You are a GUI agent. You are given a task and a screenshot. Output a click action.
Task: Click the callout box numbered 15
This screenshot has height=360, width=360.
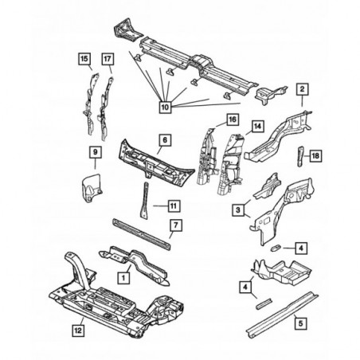click(x=84, y=59)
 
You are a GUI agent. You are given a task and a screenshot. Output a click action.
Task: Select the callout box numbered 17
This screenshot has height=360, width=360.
click(x=108, y=59)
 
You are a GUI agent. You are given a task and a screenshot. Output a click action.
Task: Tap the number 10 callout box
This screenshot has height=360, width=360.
click(x=165, y=107)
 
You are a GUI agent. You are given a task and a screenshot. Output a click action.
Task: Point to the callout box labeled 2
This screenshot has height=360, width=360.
click(x=302, y=89)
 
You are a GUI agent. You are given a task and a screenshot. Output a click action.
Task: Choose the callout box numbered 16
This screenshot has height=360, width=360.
click(x=233, y=119)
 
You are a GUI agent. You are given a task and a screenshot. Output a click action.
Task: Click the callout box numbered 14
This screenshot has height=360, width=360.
click(x=257, y=126)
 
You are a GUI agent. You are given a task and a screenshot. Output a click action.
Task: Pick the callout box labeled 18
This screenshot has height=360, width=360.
click(x=315, y=155)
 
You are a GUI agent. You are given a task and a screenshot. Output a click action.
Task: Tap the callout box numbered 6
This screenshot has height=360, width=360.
click(x=165, y=139)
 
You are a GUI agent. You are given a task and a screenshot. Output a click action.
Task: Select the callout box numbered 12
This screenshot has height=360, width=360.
click(x=78, y=331)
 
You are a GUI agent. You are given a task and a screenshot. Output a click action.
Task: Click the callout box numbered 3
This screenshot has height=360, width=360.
click(x=238, y=210)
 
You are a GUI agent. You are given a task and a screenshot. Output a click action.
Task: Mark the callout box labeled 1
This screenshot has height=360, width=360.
click(x=123, y=278)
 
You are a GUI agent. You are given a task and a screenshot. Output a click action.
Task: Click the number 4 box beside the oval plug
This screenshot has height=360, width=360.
click(x=301, y=248)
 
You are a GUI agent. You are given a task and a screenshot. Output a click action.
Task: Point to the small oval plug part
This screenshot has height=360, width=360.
click(x=275, y=248)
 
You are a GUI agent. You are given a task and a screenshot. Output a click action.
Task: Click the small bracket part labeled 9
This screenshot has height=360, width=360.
click(x=91, y=187)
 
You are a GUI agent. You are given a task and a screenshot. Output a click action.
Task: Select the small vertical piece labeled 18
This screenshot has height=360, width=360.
click(x=300, y=156)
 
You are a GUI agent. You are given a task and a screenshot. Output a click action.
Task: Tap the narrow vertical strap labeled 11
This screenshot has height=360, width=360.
click(x=145, y=201)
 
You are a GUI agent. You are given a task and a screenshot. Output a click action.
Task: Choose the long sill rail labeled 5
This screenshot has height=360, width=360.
click(x=283, y=315)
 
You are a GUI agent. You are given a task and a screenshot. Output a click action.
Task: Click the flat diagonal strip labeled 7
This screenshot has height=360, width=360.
click(x=142, y=234)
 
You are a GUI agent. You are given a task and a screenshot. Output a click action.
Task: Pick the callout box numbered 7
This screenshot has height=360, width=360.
click(x=176, y=225)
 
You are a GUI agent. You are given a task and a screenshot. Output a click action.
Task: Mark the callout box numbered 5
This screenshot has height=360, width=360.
click(x=300, y=323)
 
